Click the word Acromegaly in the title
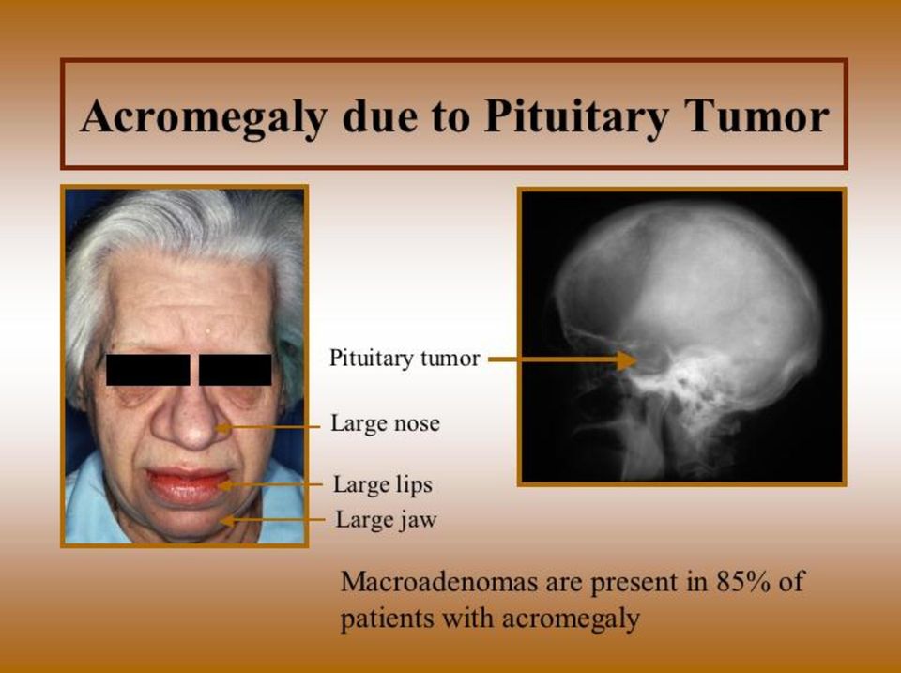204,116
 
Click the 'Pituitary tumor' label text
405,358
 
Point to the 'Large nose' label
385,423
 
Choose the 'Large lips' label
383,484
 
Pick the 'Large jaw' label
386,520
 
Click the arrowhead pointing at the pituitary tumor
628,360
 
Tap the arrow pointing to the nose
267,428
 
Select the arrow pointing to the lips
270,485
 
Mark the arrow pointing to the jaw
273,521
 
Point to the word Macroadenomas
439,581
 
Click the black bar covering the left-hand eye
147,370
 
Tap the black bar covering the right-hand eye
235,370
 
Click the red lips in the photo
189,485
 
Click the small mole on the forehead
207,329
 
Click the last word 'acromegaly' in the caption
571,619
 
